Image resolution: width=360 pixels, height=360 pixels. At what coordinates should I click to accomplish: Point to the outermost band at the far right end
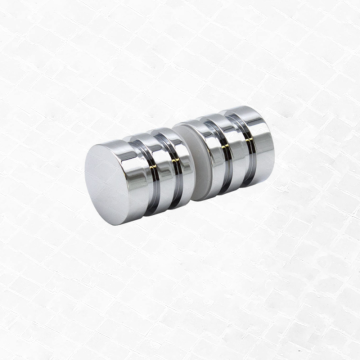point(256,135)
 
